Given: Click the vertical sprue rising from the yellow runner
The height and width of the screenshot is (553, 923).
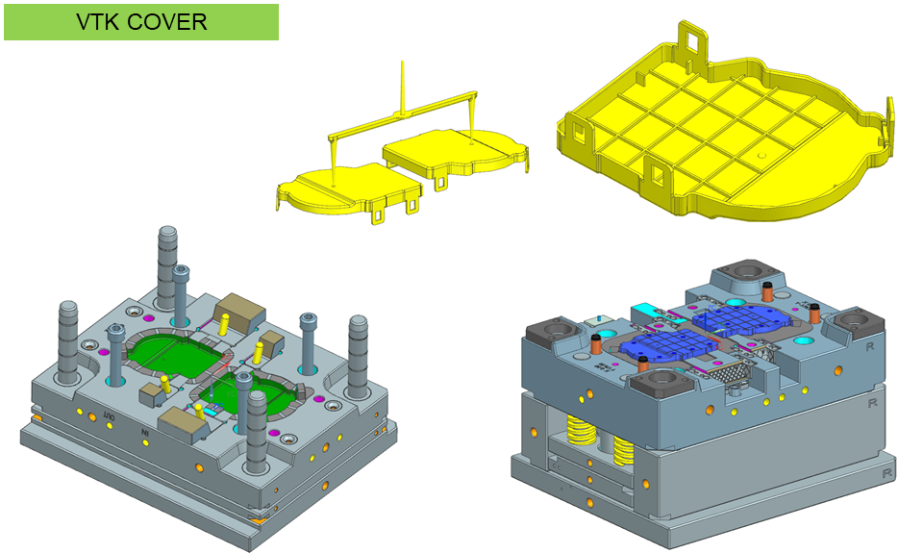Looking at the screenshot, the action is [403, 86].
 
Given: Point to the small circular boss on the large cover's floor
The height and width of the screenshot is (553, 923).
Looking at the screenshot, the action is [761, 156].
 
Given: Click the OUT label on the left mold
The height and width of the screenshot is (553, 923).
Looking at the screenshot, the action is [109, 416].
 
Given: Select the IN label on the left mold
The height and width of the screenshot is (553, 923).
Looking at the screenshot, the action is [145, 433].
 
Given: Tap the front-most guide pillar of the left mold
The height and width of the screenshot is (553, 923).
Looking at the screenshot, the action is [257, 432].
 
